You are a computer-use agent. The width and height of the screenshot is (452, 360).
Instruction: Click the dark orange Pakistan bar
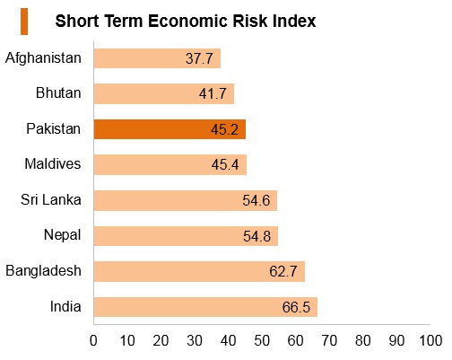click(169, 129)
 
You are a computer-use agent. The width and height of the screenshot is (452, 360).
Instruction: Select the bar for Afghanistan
click(157, 58)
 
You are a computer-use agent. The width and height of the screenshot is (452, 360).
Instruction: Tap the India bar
click(205, 307)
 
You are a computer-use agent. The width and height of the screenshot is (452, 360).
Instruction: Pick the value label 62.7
click(282, 271)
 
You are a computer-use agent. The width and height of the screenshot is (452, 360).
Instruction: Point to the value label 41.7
click(213, 93)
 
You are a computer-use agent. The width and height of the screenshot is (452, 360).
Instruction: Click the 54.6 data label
click(256, 200)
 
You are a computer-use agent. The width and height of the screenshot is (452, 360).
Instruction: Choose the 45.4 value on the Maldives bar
click(225, 164)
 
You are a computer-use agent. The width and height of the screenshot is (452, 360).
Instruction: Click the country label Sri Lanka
click(51, 199)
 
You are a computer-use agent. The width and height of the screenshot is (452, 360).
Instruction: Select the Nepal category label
click(63, 235)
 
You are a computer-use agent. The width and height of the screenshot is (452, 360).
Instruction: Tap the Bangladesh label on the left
click(43, 271)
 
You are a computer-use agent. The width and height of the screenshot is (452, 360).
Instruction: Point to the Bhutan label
click(58, 92)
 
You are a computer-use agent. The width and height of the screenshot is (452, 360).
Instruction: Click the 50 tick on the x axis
click(262, 340)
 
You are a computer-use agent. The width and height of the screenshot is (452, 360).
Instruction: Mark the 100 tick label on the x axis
click(430, 340)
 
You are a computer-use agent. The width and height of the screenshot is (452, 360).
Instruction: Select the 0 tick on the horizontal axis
click(93, 340)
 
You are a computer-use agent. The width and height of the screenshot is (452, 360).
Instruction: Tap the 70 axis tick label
click(329, 340)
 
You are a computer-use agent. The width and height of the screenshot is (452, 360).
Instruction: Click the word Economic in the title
click(187, 21)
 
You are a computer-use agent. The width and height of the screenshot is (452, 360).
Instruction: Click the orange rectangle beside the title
click(24, 22)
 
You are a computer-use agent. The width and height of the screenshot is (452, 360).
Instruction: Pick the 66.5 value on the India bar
click(296, 307)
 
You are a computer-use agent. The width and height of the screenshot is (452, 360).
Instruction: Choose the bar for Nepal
click(186, 236)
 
